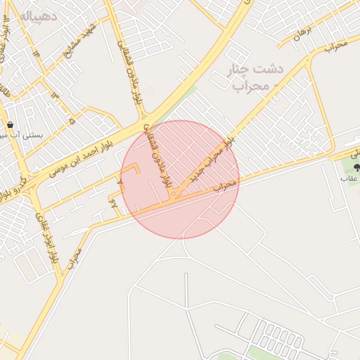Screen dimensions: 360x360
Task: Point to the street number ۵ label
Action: tap(72, 121)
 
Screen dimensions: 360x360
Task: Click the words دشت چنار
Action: tap(255, 70)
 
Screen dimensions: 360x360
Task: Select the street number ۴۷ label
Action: tap(115, 203)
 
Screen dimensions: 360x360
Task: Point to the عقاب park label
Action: tap(350, 179)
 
